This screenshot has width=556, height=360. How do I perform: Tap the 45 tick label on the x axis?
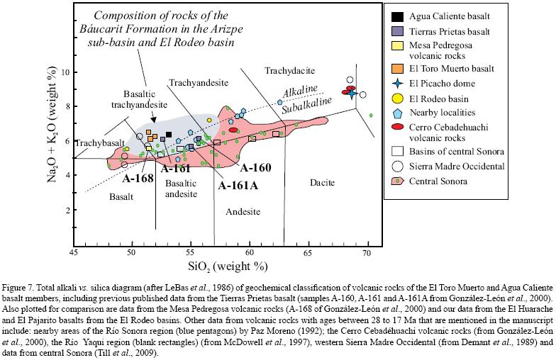point(74,252)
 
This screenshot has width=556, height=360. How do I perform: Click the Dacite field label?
point(323,183)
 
